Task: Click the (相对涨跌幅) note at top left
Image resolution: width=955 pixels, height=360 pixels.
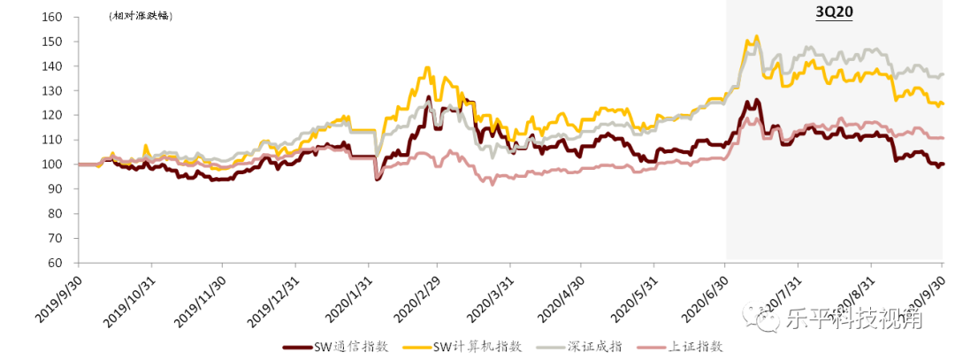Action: point(140,17)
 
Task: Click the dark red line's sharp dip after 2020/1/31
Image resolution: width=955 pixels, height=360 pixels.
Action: point(378,179)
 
